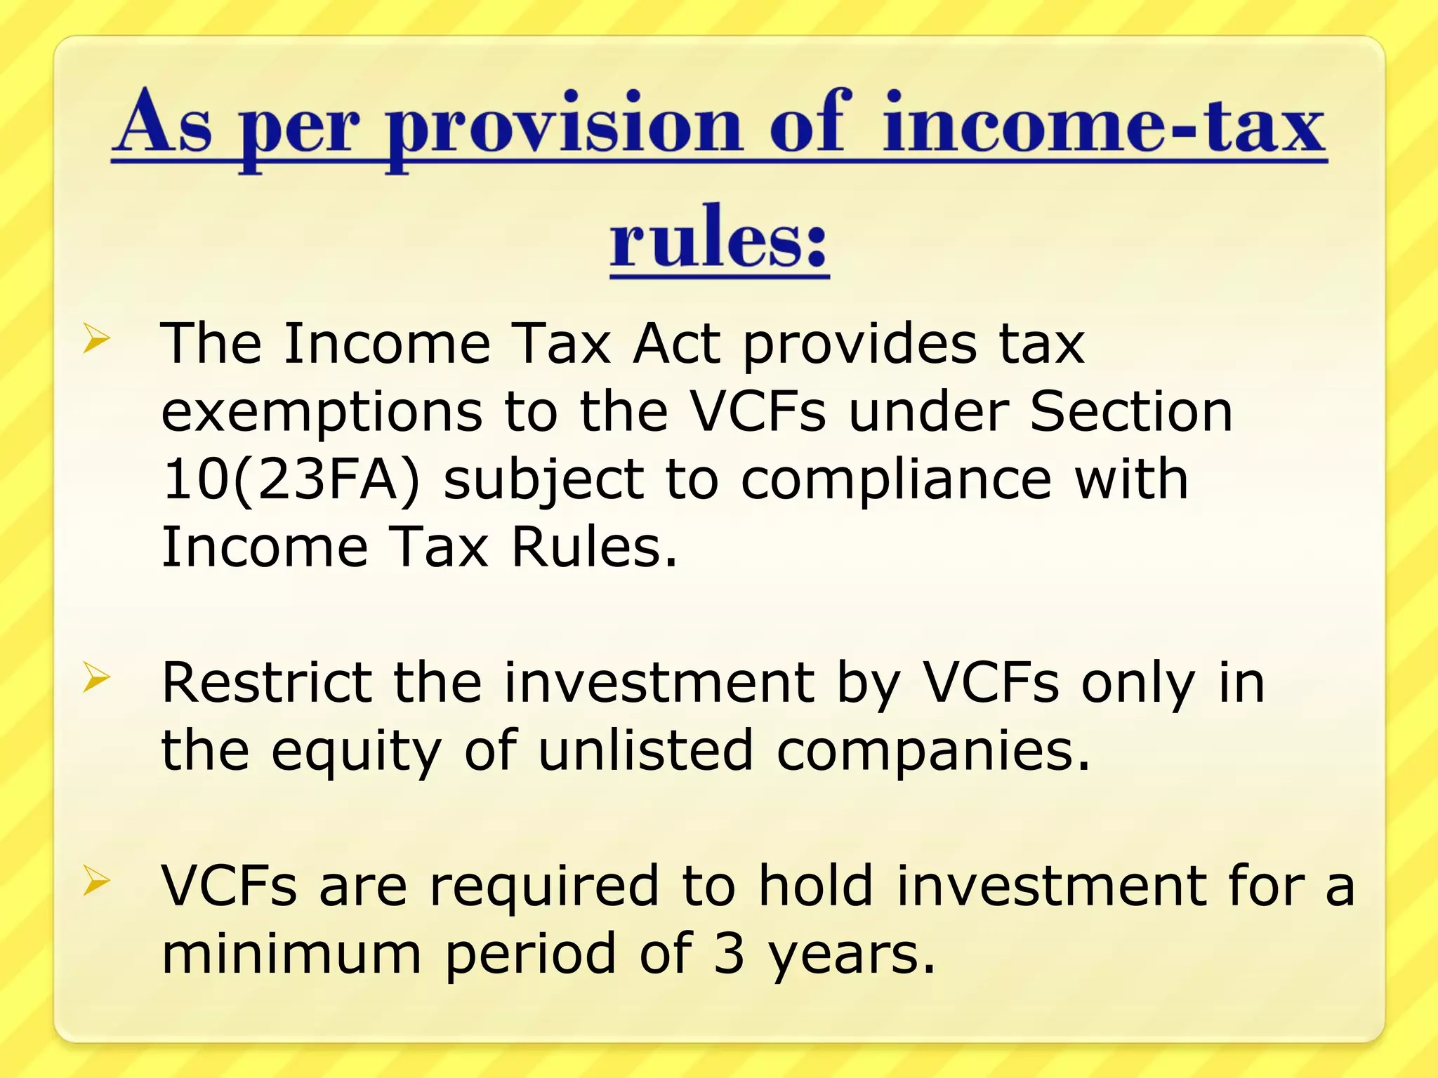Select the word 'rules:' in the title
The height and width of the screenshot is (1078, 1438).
tap(719, 239)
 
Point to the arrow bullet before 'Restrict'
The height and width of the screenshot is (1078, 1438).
tap(97, 677)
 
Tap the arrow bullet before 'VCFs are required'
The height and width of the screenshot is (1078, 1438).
tap(97, 881)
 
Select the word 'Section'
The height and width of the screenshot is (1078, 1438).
tap(1130, 412)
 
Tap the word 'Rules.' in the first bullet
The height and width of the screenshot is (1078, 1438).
tap(594, 547)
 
